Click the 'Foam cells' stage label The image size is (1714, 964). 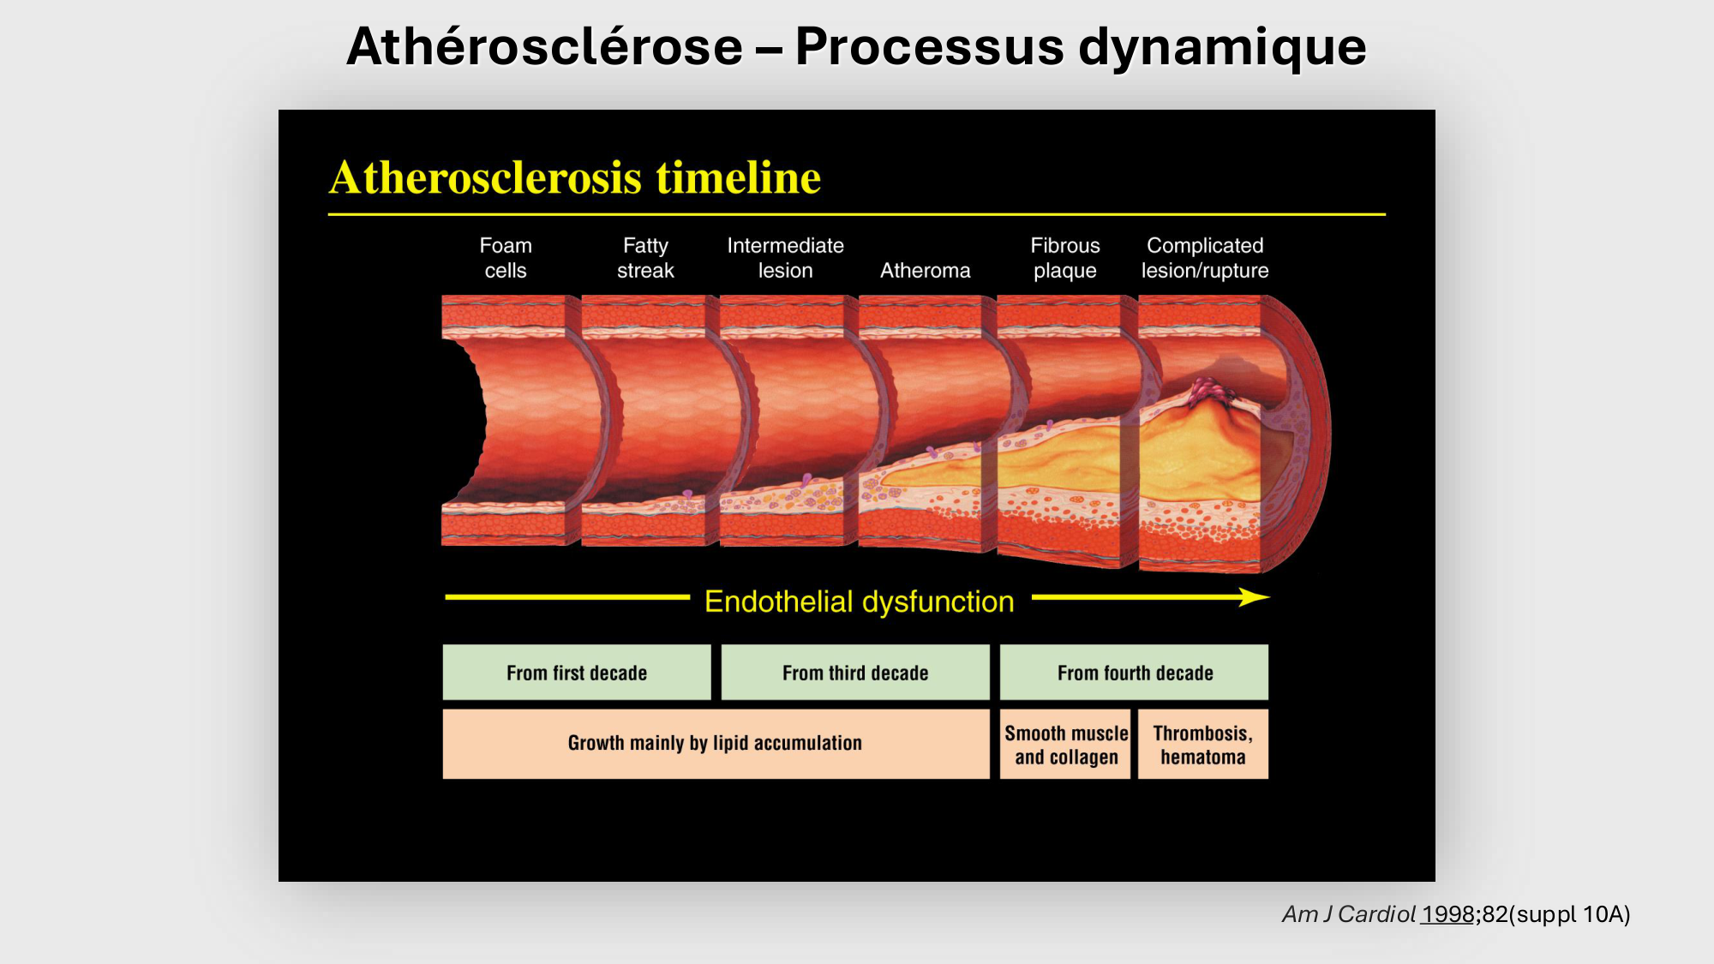(x=506, y=258)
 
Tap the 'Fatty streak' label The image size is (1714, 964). (x=645, y=258)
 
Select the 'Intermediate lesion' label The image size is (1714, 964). (x=785, y=258)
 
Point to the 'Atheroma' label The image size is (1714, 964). (x=925, y=271)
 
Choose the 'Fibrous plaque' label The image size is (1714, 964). (x=1064, y=258)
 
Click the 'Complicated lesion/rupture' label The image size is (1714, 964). (x=1204, y=258)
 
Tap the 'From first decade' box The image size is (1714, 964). (x=577, y=673)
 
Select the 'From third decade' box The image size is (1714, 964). (x=855, y=673)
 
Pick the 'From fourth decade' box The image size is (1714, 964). (x=1134, y=673)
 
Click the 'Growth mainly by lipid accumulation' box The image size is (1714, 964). (x=716, y=743)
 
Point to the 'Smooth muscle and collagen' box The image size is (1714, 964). (x=1065, y=745)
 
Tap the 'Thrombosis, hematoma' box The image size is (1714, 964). (x=1202, y=745)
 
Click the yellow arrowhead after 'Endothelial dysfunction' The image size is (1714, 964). (x=1255, y=597)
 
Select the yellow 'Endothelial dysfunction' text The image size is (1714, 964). (x=859, y=602)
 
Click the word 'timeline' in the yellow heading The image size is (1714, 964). (x=738, y=178)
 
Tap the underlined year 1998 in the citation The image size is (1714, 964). (x=1447, y=914)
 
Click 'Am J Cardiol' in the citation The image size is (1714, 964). (x=1348, y=914)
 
